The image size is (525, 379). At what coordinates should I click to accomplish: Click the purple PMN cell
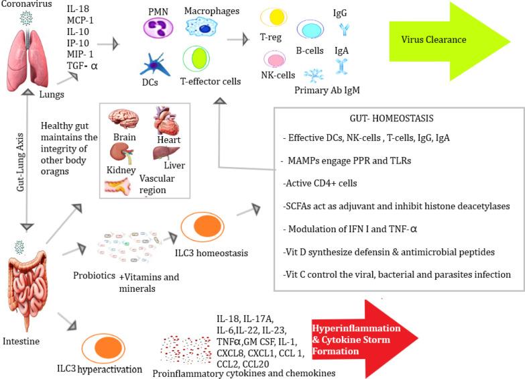(158, 28)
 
